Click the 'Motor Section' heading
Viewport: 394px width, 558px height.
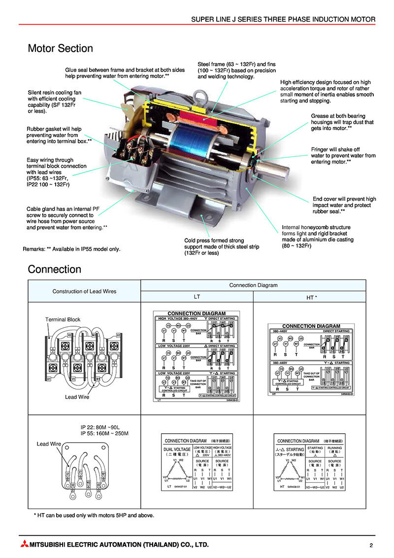click(60, 48)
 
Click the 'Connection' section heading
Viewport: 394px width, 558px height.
click(54, 270)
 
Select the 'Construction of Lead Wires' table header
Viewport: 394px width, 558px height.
click(84, 291)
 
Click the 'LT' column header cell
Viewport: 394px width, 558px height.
click(197, 297)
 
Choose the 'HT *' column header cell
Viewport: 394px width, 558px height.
click(308, 297)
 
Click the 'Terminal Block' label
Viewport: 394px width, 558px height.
click(63, 319)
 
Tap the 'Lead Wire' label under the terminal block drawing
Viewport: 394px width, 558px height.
click(77, 397)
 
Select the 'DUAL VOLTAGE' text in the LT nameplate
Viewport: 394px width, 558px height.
click(177, 450)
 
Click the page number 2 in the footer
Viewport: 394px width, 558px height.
click(371, 545)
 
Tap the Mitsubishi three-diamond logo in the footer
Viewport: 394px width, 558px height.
click(24, 545)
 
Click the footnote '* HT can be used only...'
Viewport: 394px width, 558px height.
click(94, 516)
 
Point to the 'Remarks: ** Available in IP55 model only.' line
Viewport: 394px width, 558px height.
click(71, 249)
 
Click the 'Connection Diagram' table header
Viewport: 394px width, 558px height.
click(253, 285)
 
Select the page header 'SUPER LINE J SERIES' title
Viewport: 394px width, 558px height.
click(283, 20)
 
